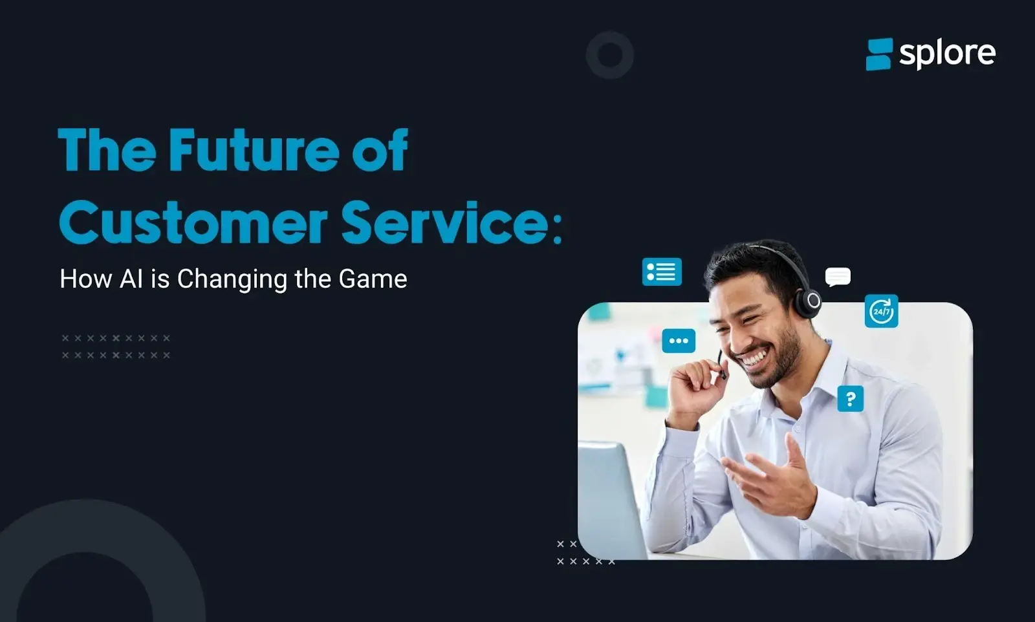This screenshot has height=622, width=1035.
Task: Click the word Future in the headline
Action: pyautogui.click(x=254, y=150)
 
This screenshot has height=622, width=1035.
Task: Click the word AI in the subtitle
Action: pyautogui.click(x=131, y=279)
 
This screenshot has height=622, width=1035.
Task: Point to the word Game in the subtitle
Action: pyautogui.click(x=373, y=279)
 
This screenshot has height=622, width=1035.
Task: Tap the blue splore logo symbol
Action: pyautogui.click(x=879, y=54)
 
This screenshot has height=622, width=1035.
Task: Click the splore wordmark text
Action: pyautogui.click(x=947, y=54)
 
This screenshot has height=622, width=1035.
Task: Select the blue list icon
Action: pyautogui.click(x=662, y=272)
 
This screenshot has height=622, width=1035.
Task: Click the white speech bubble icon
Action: pyautogui.click(x=838, y=277)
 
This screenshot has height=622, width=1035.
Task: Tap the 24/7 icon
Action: pyautogui.click(x=881, y=311)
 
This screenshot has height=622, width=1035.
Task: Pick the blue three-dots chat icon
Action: pyautogui.click(x=679, y=341)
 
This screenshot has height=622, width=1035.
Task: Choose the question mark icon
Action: pyautogui.click(x=850, y=398)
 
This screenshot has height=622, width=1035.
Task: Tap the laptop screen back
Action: pyautogui.click(x=611, y=499)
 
